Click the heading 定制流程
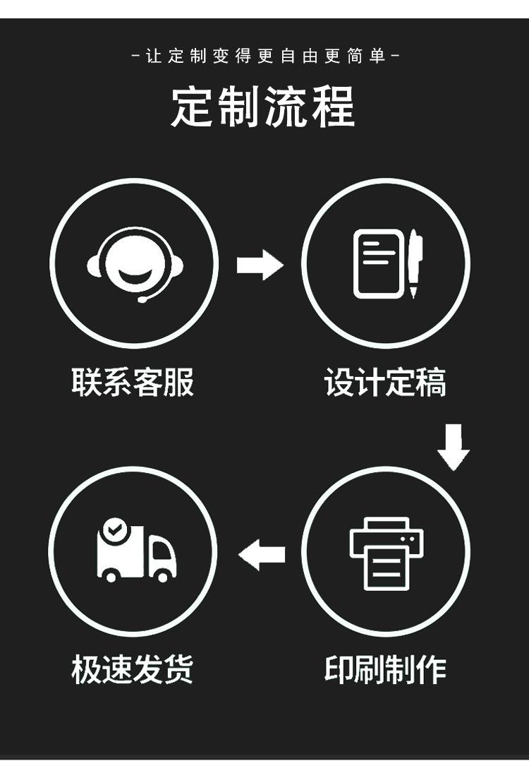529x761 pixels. pyautogui.click(x=263, y=107)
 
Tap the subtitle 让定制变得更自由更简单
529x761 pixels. pyautogui.click(x=265, y=56)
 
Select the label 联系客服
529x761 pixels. pyautogui.click(x=133, y=382)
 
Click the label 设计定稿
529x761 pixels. pyautogui.click(x=385, y=382)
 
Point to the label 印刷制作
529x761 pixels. pyautogui.click(x=385, y=669)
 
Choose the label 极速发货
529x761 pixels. pyautogui.click(x=133, y=669)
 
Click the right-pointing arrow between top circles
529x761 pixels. pyautogui.click(x=260, y=265)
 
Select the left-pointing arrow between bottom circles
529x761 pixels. pyautogui.click(x=262, y=554)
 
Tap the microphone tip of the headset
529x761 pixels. pyautogui.click(x=141, y=300)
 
